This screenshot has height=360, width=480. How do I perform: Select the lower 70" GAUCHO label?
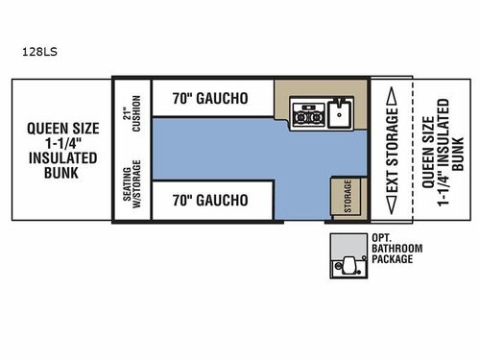pos(211,201)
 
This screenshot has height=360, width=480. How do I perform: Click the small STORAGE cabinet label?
pos(341,196)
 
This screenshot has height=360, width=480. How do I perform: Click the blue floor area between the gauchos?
pos(230,149)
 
